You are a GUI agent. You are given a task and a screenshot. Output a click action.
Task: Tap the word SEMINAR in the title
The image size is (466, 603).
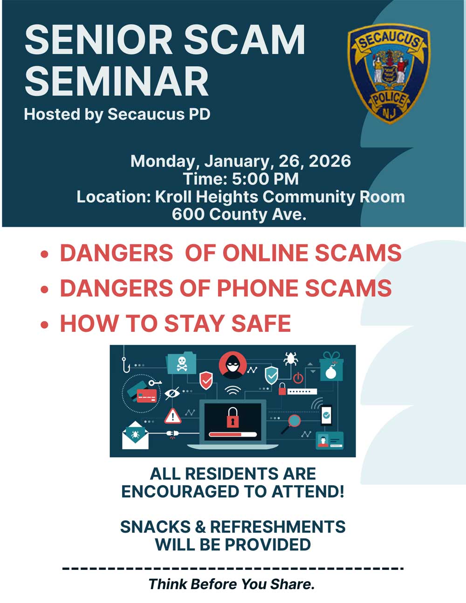[116, 82]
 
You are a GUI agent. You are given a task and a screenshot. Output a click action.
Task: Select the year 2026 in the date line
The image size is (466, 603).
[329, 161]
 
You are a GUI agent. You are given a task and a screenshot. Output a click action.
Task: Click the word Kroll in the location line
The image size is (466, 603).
[173, 197]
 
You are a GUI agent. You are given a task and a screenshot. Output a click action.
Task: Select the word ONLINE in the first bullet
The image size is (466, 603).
[266, 253]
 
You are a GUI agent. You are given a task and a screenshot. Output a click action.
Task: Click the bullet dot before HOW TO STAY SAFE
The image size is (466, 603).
[45, 324]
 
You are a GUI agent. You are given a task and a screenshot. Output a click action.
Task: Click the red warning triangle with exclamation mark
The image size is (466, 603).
[173, 416]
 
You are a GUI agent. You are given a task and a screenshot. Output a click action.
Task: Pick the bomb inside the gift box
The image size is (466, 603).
[330, 371]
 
